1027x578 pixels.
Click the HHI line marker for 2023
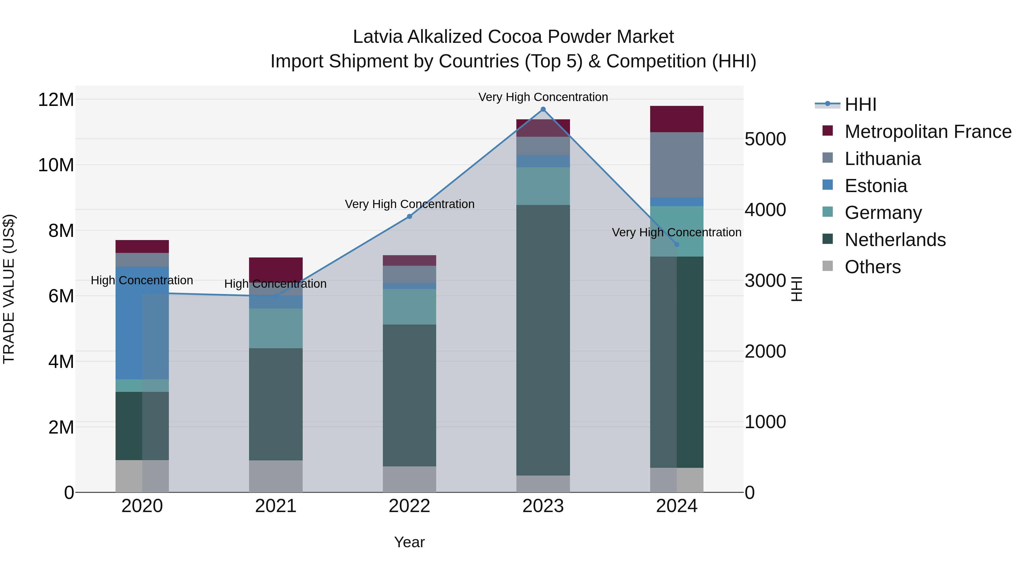click(543, 109)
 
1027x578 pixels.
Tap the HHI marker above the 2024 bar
click(677, 245)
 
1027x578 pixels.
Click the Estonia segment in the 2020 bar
click(142, 323)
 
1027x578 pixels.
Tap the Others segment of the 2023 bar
click(543, 484)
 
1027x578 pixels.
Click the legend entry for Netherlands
click(895, 240)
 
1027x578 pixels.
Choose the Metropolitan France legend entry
click(928, 132)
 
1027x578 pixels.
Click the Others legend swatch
click(828, 266)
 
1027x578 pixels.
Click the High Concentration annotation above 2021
click(276, 284)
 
